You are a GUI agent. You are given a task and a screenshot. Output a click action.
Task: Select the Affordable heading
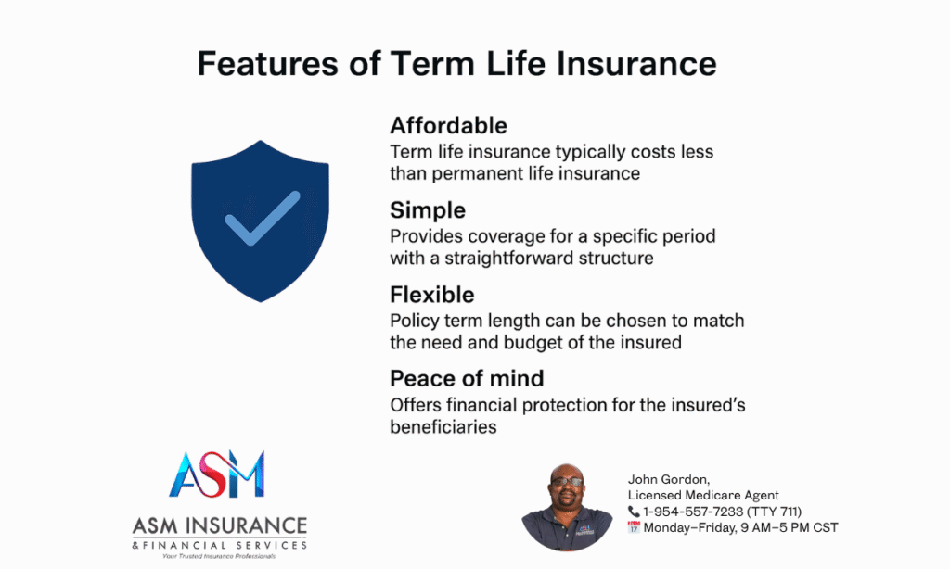click(x=448, y=126)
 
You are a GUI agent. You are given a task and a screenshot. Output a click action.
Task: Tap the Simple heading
click(x=428, y=210)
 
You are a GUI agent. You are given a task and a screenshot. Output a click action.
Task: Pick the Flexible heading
click(x=432, y=295)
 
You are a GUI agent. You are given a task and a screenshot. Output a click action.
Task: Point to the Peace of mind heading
click(x=467, y=379)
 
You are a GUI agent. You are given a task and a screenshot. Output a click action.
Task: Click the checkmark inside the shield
click(x=262, y=219)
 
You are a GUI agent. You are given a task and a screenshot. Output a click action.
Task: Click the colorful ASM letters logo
click(x=217, y=474)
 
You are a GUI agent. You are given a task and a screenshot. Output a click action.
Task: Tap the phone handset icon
click(x=634, y=512)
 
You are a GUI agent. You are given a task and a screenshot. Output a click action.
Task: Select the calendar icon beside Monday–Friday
click(x=634, y=527)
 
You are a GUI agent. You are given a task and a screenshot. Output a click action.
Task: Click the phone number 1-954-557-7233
click(x=693, y=512)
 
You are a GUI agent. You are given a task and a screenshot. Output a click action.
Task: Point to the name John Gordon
click(x=668, y=479)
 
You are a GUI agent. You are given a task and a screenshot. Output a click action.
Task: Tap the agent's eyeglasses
click(x=567, y=482)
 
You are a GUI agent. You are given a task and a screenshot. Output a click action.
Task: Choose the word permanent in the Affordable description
click(x=477, y=173)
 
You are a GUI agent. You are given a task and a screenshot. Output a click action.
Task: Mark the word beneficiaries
click(x=443, y=427)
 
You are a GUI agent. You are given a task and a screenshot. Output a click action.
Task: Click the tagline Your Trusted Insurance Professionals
click(x=219, y=556)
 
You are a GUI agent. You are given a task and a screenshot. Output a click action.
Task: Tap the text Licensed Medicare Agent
click(x=703, y=495)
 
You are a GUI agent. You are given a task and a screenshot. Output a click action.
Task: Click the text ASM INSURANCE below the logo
click(x=219, y=525)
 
